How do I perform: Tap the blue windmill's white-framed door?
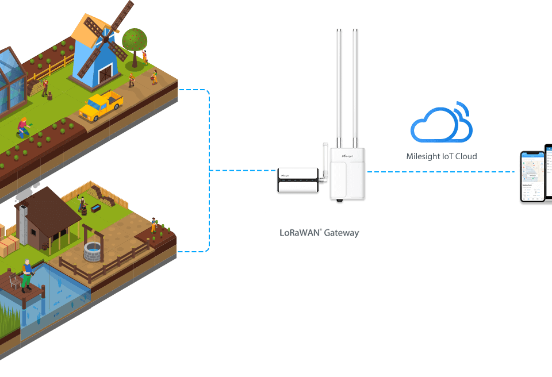point(105,74)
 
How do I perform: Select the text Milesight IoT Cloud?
point(441,156)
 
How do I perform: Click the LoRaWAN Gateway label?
point(319,233)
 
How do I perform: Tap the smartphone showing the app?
point(532,176)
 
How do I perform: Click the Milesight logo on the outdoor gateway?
point(347,156)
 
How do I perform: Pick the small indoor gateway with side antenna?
point(298,180)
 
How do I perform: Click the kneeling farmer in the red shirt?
point(24,127)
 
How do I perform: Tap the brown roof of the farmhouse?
point(52,207)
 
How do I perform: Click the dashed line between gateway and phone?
point(443,171)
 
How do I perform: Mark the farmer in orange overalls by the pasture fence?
point(154,225)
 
